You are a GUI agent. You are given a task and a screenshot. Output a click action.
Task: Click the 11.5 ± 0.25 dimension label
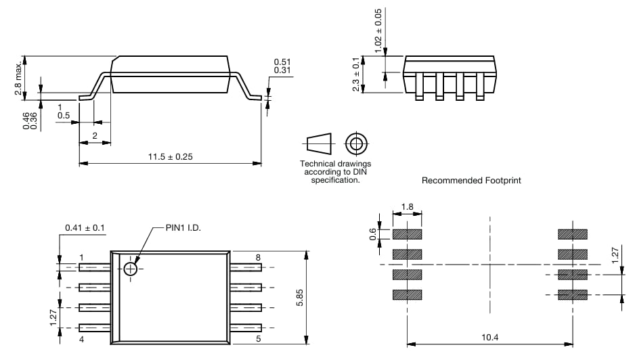point(171,157)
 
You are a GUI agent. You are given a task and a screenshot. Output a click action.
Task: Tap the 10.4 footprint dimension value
point(489,336)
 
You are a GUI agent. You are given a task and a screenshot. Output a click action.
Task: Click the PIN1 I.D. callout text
point(183,228)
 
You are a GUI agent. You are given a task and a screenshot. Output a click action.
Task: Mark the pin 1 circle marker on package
point(131,269)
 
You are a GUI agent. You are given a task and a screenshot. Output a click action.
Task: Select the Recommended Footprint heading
point(471,181)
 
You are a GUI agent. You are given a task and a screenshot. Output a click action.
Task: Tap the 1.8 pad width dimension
point(407,206)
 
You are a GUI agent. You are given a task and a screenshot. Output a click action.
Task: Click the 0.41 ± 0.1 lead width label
point(85,228)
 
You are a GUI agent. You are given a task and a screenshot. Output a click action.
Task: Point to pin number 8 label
point(257,258)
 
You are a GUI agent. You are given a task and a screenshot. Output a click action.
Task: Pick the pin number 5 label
point(257,339)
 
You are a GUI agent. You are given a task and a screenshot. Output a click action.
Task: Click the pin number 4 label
point(81,339)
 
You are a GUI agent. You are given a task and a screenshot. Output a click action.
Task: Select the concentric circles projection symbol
point(355,143)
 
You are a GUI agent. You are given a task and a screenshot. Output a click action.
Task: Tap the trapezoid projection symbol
point(320,143)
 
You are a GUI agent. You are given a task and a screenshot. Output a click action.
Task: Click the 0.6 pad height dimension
point(372,233)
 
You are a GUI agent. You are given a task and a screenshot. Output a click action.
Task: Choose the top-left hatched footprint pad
point(407,234)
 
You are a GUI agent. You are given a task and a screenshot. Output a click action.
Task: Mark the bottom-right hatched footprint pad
point(573,294)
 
